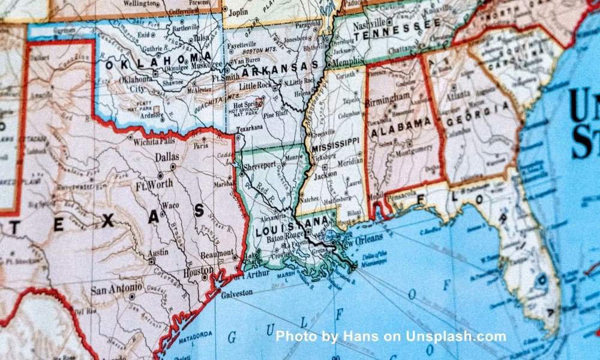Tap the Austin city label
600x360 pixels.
(158, 253)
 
